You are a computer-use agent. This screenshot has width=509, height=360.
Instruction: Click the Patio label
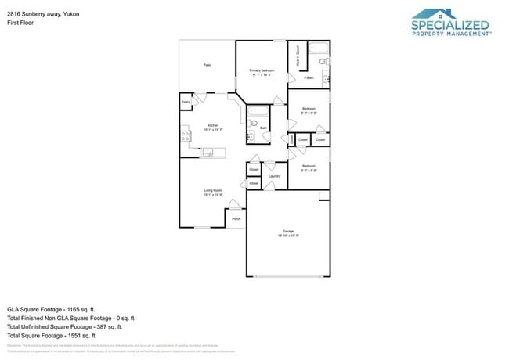[x=207, y=65]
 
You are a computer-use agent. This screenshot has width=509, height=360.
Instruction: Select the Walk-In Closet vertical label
[x=298, y=56]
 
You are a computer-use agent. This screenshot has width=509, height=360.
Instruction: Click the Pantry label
[x=186, y=102]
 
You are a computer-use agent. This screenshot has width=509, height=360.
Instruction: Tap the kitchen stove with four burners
[x=186, y=136]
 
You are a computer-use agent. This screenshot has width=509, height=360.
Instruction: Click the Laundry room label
[x=274, y=176]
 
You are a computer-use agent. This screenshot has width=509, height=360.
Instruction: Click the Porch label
[x=236, y=219]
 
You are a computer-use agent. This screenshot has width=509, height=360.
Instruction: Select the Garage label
[x=288, y=232]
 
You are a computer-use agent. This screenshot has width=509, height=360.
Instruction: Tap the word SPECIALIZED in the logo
[x=449, y=25]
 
